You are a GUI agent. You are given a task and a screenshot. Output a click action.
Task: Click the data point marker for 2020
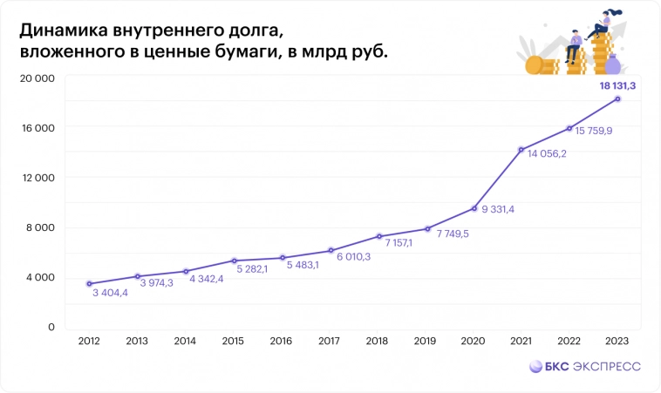tap(474, 208)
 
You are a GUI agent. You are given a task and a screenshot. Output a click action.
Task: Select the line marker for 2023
tap(617, 98)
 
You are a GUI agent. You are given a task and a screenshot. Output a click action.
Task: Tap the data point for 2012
tap(89, 283)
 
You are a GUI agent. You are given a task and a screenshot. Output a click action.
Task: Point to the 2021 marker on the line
tap(521, 150)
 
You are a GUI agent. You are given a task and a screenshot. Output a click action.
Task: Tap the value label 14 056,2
tap(547, 153)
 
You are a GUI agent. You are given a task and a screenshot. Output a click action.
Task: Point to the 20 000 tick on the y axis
tap(38, 78)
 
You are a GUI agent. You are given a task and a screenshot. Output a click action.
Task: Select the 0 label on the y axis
tap(51, 327)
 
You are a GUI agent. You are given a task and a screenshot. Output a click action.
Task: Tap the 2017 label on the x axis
tap(329, 342)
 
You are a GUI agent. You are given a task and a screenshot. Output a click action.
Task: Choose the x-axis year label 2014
tap(185, 342)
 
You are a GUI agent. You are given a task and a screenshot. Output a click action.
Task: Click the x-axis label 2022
tap(569, 342)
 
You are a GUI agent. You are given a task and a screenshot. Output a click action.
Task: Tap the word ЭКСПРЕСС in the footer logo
tap(606, 367)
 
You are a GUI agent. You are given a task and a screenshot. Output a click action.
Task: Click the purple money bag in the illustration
tap(613, 64)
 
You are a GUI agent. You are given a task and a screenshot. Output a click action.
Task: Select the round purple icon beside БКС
tap(528, 367)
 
